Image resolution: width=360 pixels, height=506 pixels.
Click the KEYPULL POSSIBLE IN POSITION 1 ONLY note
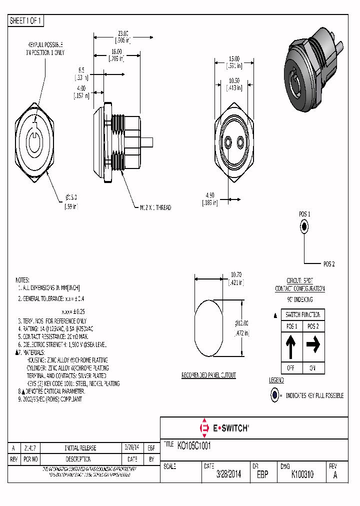(45, 48)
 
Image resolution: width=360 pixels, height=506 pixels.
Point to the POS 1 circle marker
(304, 226)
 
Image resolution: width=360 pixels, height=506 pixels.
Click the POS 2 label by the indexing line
(328, 263)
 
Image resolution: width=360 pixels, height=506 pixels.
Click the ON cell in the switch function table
(313, 368)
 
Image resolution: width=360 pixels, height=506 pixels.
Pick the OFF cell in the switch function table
(291, 368)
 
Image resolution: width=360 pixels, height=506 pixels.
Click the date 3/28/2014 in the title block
(228, 475)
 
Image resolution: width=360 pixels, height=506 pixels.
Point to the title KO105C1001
(198, 445)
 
